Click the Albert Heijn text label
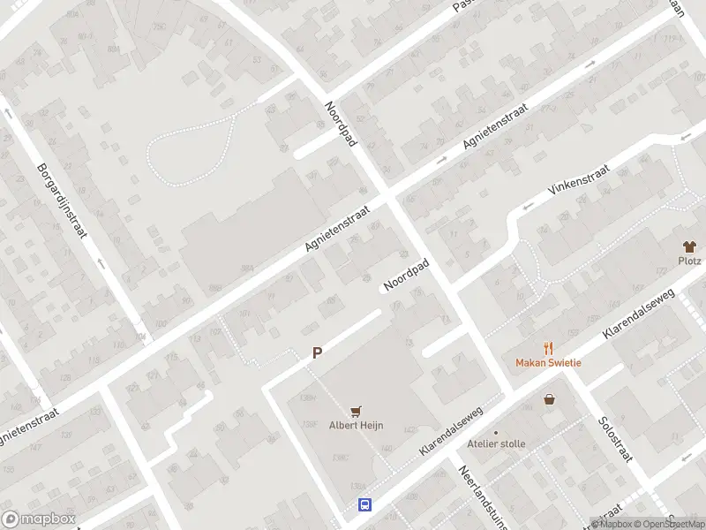(x=357, y=425)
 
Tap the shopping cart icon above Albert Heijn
(x=357, y=411)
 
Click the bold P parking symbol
(x=317, y=352)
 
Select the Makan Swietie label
(x=548, y=362)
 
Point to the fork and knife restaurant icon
(x=548, y=348)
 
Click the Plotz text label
(x=689, y=261)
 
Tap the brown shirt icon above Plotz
(x=689, y=246)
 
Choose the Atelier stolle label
(x=496, y=444)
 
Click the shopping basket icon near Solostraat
(x=550, y=399)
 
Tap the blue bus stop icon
(x=364, y=505)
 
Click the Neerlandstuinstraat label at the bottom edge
(x=480, y=499)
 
